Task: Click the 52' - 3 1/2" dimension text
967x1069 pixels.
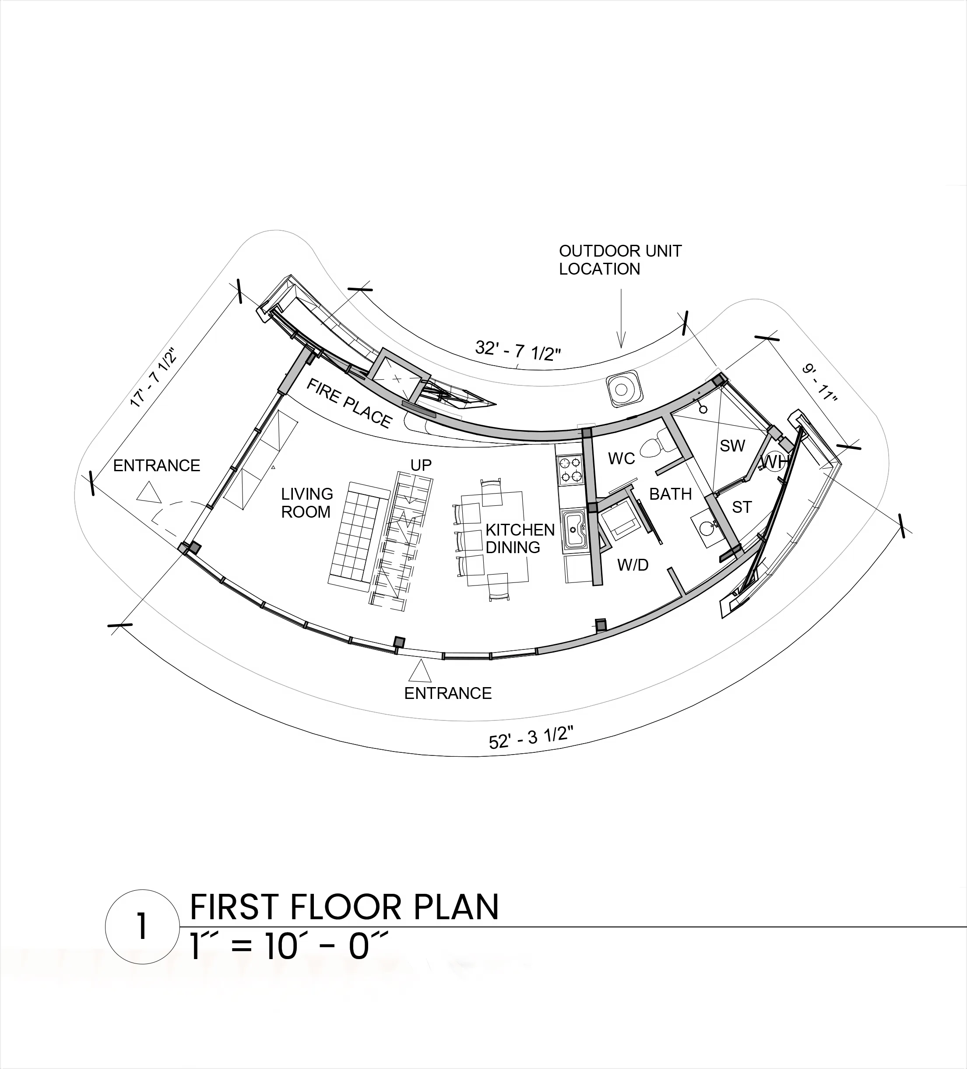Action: coord(531,737)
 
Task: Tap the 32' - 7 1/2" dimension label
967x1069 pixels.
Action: coord(518,350)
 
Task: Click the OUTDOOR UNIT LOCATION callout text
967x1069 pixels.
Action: coord(620,260)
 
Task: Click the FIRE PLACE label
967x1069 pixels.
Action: coord(349,403)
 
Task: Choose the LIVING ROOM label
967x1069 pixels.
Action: coord(307,503)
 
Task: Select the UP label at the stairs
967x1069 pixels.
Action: coord(421,465)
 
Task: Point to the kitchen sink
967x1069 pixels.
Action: coord(574,528)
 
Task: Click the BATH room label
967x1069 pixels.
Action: coord(671,494)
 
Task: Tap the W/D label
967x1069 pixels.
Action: coord(633,565)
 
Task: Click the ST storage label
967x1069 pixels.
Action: coord(742,508)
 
